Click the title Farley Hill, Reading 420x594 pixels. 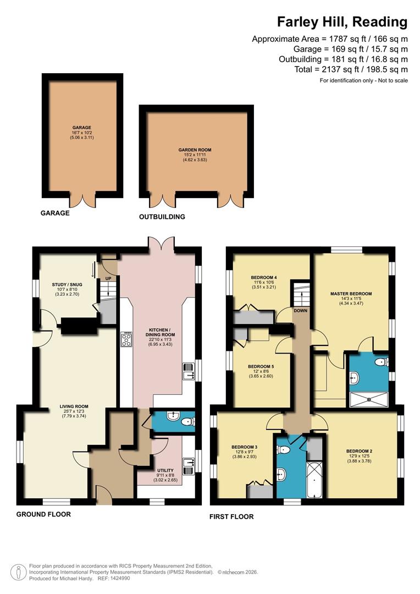(342, 22)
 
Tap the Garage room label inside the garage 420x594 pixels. (82, 128)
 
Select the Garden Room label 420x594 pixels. (195, 150)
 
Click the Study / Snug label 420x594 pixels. (68, 285)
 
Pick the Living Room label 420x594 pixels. (74, 407)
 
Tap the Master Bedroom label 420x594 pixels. (351, 294)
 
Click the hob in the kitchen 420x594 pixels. (125, 339)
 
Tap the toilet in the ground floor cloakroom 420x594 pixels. (187, 422)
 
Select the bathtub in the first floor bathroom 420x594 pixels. (315, 480)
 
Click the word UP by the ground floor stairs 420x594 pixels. (108, 278)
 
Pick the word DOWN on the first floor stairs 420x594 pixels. (300, 311)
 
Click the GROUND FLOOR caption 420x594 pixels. (43, 514)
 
